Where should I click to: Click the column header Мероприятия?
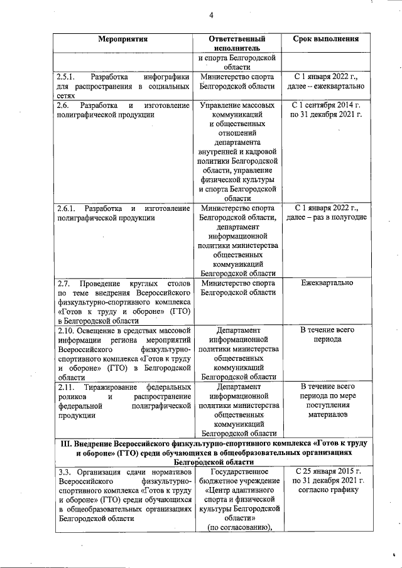point(123,38)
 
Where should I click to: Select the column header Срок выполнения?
point(326,38)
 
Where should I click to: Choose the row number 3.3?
point(63,472)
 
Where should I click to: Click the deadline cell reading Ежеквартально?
point(327,284)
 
